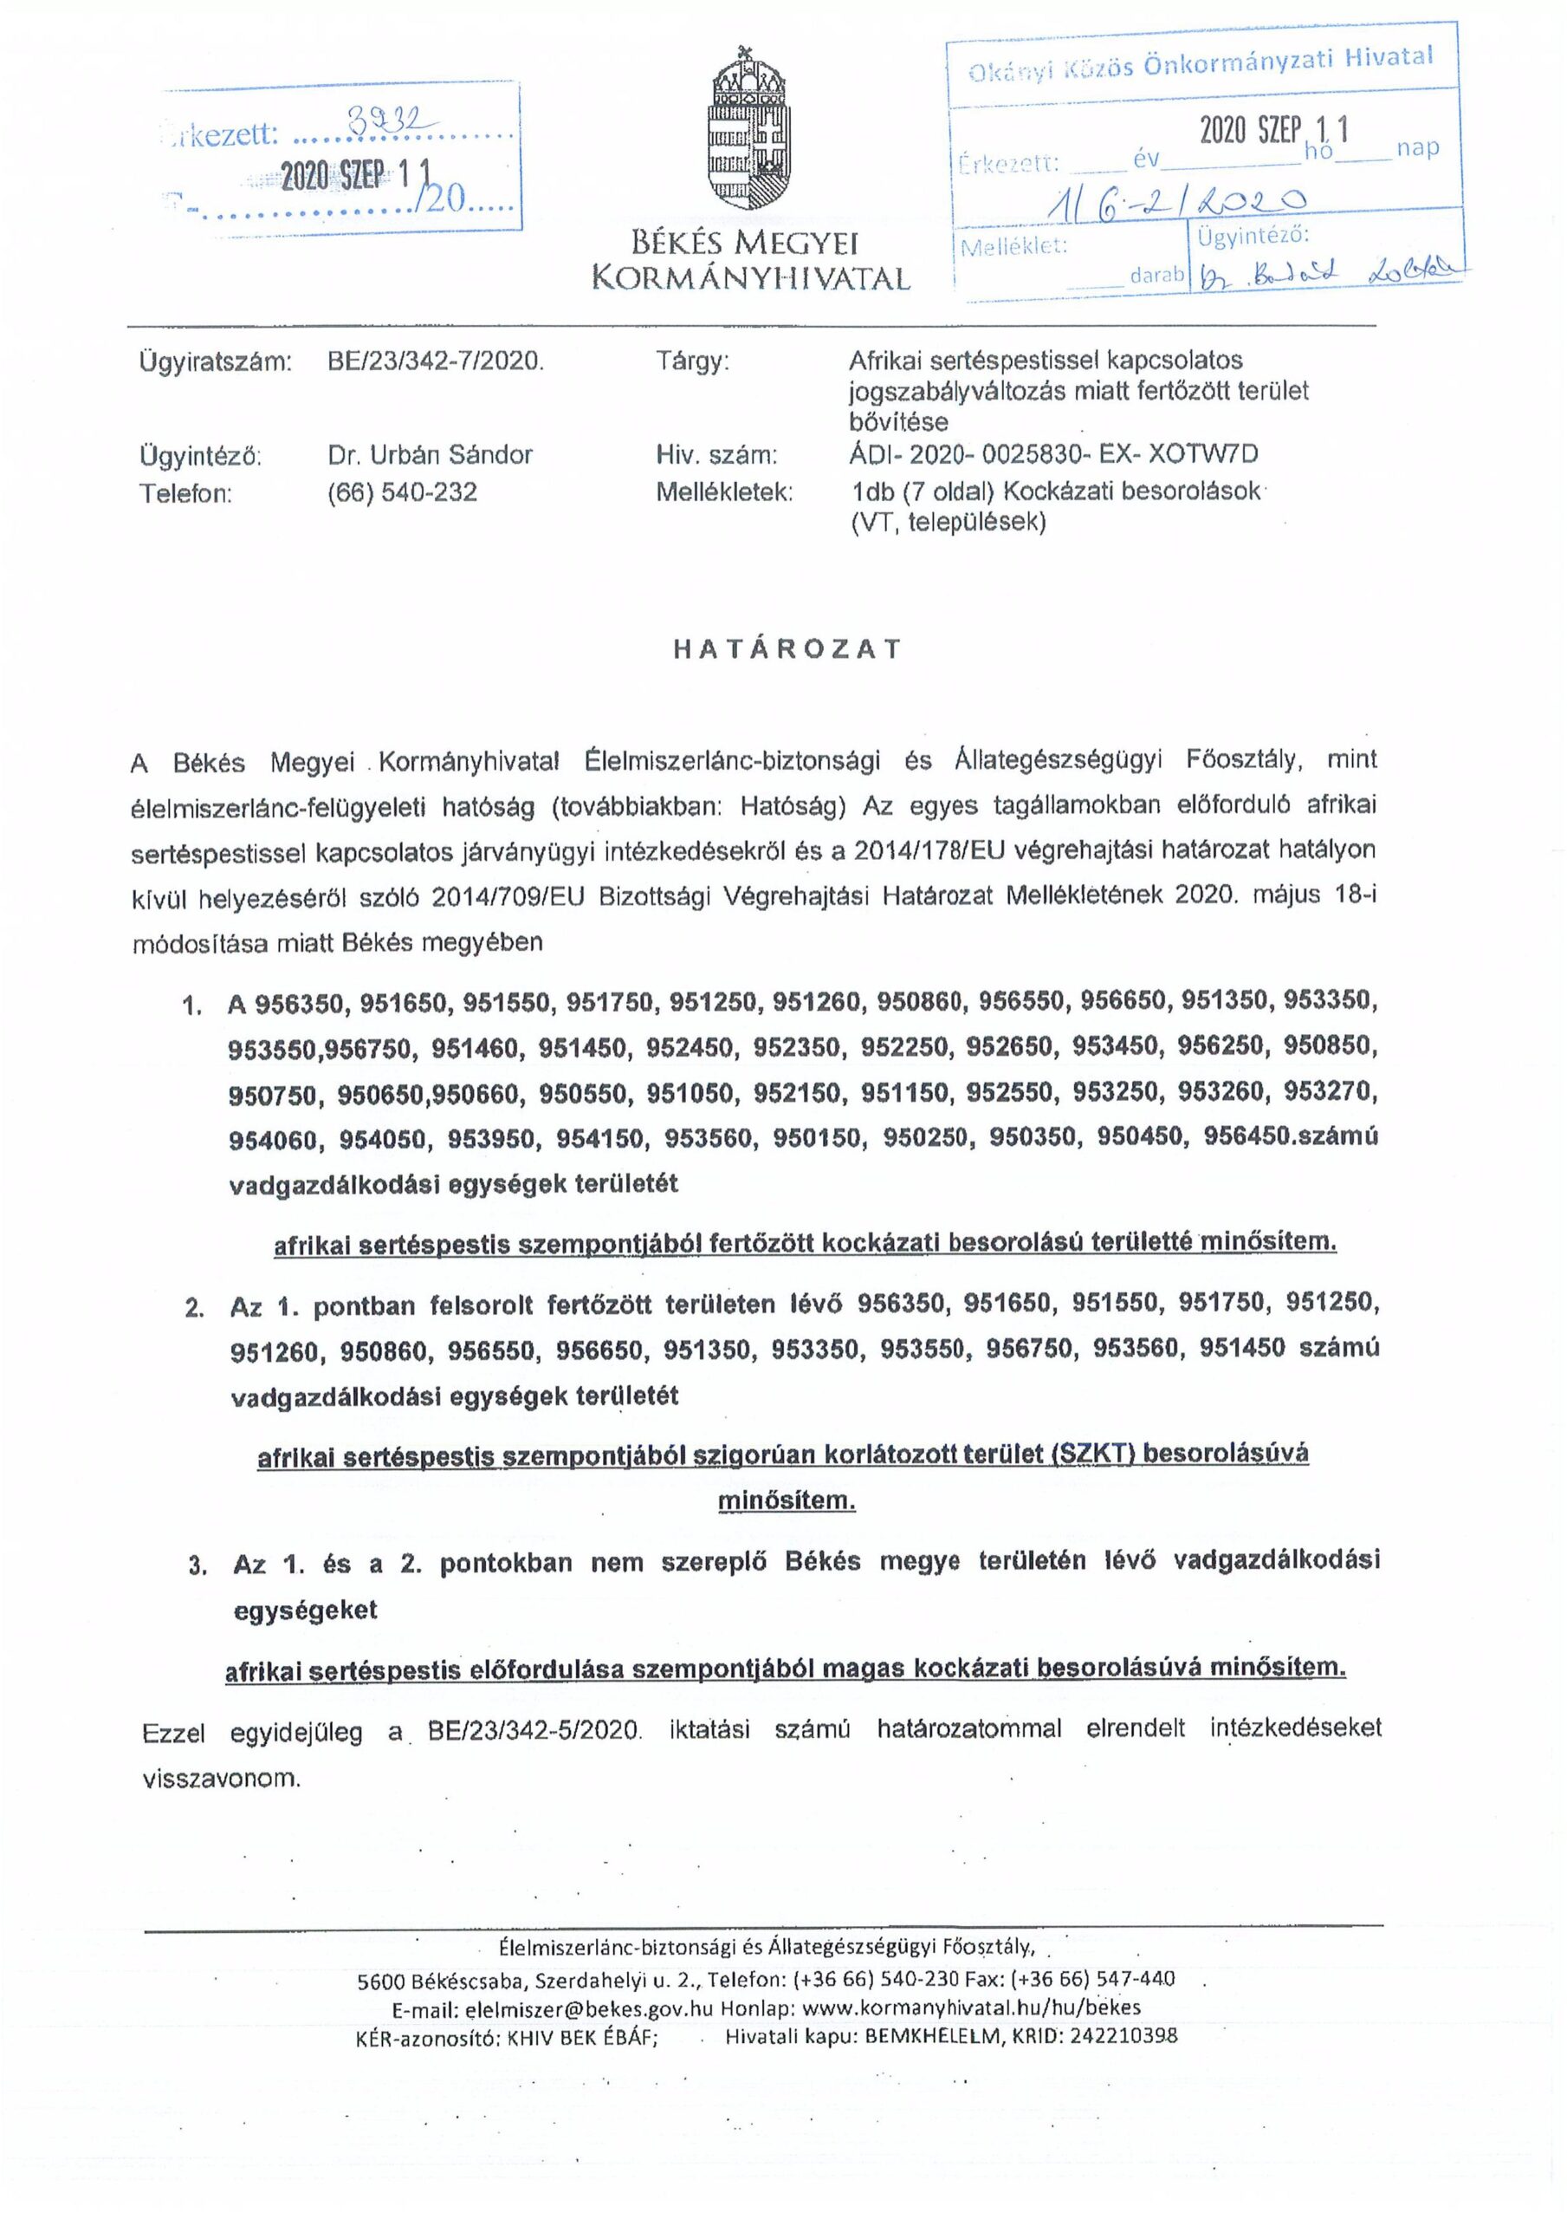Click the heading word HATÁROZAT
[787, 648]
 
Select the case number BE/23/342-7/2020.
[437, 362]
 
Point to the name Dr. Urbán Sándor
[430, 455]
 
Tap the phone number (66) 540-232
[403, 492]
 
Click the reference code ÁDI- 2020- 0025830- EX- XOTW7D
[1053, 454]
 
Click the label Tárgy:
[693, 362]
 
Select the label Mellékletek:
[724, 492]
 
